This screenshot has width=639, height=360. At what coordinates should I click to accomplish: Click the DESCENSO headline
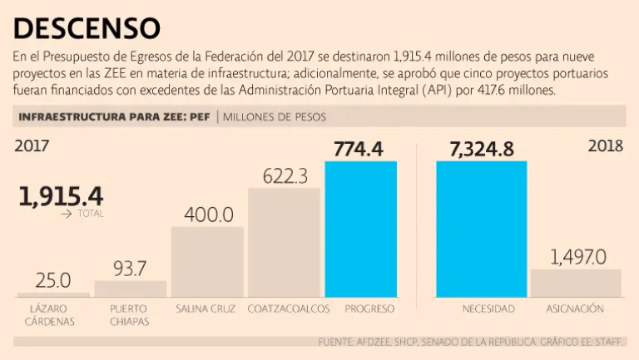point(87,27)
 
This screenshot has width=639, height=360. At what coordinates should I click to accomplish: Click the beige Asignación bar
point(576,283)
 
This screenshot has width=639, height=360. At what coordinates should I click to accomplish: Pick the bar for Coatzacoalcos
point(284,242)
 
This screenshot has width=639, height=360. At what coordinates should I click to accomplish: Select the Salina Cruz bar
point(207,262)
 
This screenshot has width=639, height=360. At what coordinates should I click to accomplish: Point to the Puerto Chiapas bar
point(130,288)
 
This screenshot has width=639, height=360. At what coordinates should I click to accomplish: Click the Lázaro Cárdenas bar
point(53,294)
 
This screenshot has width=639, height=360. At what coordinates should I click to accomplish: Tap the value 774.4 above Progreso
point(359,150)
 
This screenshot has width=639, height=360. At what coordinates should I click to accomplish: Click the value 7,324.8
point(482,150)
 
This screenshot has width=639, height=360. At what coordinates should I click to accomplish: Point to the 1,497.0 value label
point(576,256)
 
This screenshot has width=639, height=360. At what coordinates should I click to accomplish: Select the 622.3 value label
point(285,176)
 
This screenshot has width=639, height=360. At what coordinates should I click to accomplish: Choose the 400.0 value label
point(208,215)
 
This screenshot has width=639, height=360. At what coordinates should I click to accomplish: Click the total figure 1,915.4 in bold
point(61,196)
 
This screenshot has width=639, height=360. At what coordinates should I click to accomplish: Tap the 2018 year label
point(605,145)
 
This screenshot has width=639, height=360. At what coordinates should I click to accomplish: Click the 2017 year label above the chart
point(32,145)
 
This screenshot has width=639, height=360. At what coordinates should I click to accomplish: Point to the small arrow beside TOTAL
point(67,214)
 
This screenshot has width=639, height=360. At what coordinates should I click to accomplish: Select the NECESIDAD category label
point(488,309)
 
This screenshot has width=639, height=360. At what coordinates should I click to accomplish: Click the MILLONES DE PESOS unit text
point(275,116)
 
